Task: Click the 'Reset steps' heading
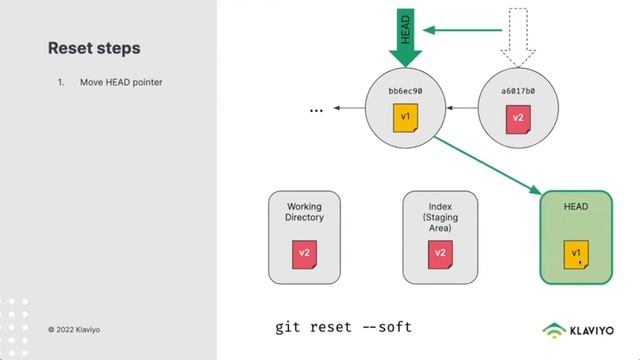[x=94, y=48]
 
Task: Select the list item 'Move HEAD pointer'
[x=121, y=82]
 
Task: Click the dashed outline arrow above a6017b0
[x=517, y=34]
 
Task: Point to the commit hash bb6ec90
[x=405, y=91]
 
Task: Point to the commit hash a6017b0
[x=518, y=91]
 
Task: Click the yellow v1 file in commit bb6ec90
[x=405, y=118]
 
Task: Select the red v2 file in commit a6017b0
[x=518, y=118]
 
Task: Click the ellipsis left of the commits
[x=316, y=108]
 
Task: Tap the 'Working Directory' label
[x=305, y=211]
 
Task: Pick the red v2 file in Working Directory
[x=305, y=253]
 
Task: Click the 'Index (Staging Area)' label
[x=440, y=217]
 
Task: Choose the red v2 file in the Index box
[x=440, y=253]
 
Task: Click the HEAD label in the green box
[x=576, y=206]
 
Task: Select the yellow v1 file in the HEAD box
[x=576, y=254]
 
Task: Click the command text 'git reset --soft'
[x=343, y=327]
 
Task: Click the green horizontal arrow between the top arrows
[x=460, y=29]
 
